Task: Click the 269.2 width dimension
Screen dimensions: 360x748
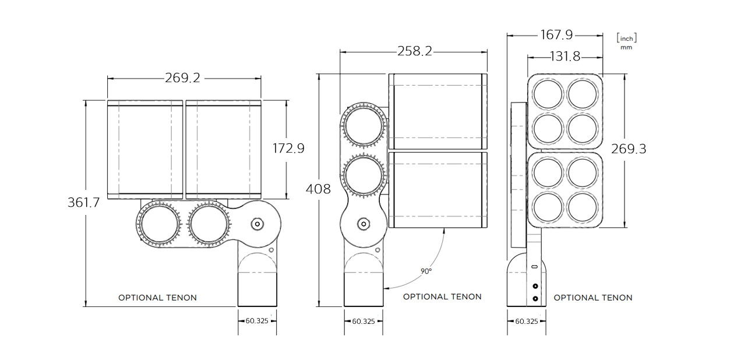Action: [182, 78]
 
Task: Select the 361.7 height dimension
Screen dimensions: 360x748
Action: [84, 203]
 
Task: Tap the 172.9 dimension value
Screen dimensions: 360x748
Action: [288, 149]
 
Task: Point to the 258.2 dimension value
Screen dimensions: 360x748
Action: [414, 51]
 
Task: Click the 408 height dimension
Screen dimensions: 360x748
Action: [318, 189]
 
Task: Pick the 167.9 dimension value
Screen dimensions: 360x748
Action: [556, 35]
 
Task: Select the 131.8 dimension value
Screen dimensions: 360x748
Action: [565, 57]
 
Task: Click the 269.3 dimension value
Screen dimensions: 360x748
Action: [628, 149]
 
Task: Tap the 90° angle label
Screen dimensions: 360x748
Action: [426, 271]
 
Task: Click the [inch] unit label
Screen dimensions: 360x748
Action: [626, 38]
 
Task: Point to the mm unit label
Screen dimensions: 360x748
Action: [626, 47]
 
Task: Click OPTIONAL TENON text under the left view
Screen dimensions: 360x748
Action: [157, 298]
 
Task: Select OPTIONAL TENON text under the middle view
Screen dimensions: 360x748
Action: [442, 297]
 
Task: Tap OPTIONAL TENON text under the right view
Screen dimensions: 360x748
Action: [592, 298]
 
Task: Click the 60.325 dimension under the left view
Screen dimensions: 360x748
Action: [257, 321]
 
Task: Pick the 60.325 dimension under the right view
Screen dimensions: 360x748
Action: [526, 321]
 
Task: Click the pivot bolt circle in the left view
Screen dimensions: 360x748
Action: [257, 224]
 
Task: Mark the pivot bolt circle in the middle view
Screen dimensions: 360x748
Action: [364, 224]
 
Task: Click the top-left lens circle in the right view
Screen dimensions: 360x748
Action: [548, 94]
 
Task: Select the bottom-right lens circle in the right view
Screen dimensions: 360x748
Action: [583, 207]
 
